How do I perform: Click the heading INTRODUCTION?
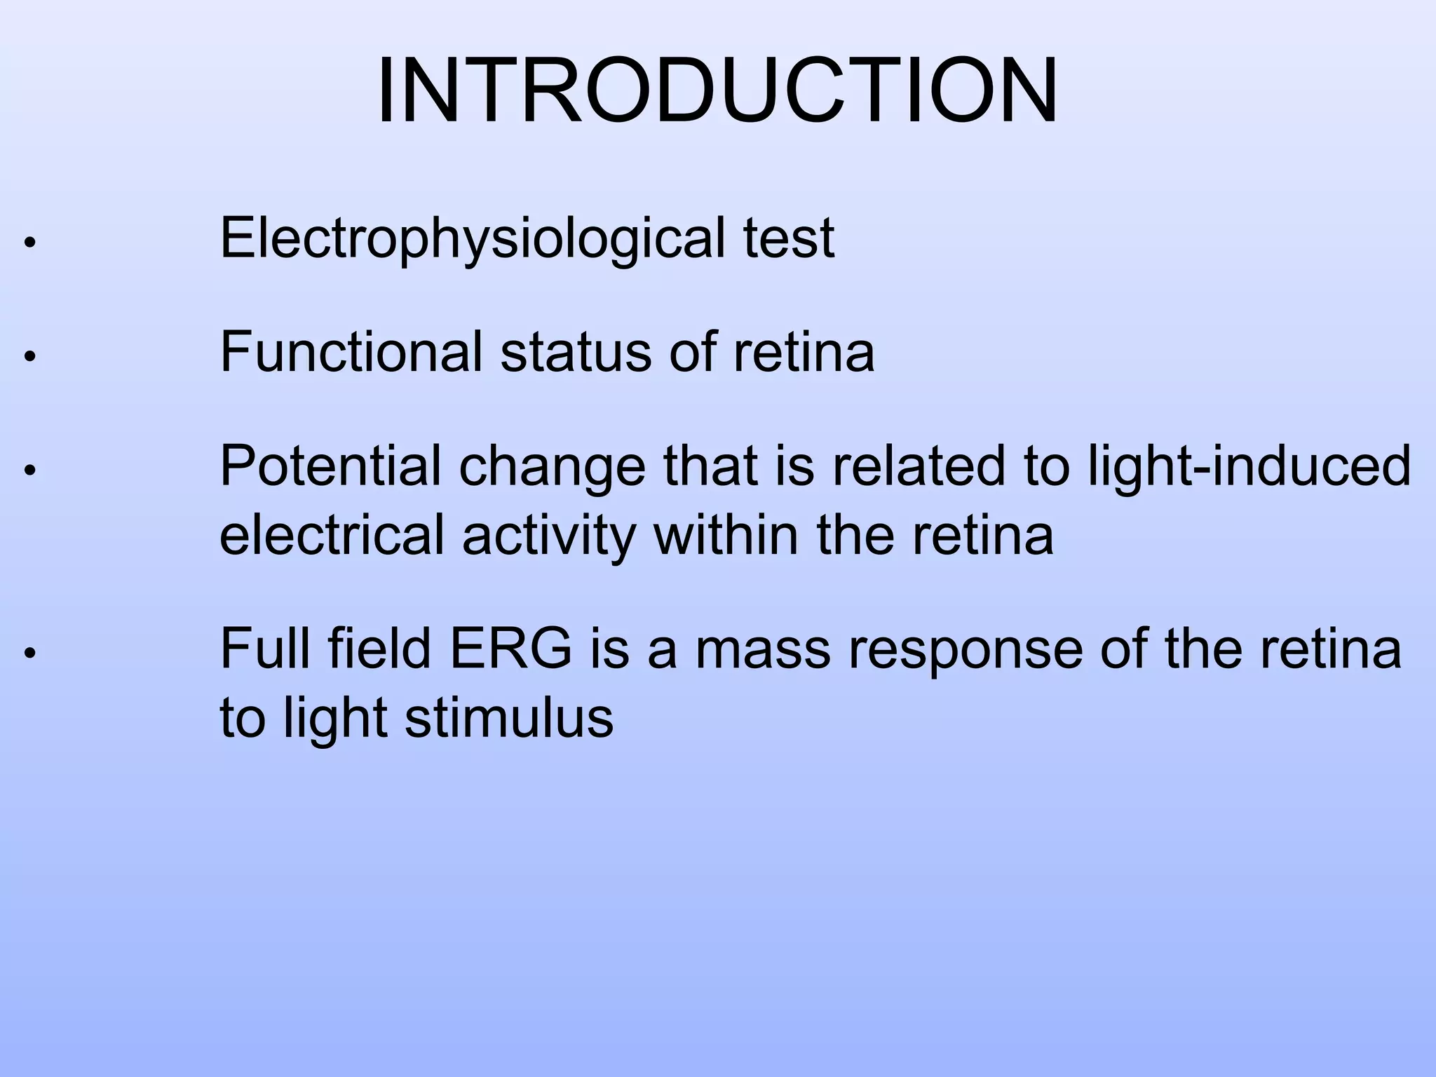(717, 91)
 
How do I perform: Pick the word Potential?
(330, 466)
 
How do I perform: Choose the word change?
(552, 466)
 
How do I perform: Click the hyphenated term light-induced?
(1249, 466)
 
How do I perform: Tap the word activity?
(549, 535)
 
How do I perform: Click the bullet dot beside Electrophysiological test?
(29, 243)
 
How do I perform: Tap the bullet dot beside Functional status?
(29, 356)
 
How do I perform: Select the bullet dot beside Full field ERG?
(29, 653)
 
